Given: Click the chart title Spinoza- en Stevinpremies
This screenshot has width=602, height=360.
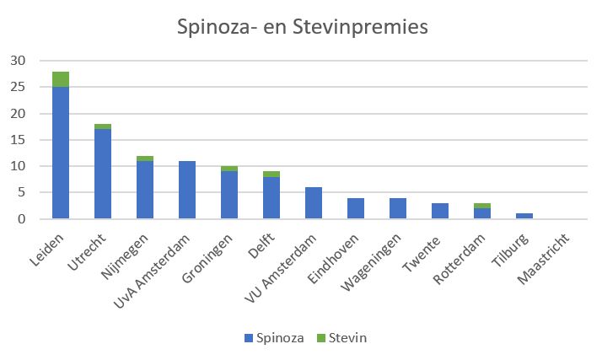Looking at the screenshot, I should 302,27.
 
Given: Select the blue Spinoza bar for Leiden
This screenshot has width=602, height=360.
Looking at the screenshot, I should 61,153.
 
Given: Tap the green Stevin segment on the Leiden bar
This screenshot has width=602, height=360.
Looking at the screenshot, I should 61,79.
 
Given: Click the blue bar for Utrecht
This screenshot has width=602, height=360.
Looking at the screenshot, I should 103,174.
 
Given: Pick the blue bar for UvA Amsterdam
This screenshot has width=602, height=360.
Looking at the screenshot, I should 187,190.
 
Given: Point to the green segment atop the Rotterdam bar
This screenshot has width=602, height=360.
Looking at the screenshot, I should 482,206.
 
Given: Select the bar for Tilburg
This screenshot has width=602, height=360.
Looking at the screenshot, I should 524,217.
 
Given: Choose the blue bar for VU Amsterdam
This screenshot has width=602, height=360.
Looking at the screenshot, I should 314,203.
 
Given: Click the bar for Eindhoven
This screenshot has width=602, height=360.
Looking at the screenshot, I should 356,208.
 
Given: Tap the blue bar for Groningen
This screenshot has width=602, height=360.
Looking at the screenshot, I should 229,195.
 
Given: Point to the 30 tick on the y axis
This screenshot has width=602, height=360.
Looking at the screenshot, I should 18,61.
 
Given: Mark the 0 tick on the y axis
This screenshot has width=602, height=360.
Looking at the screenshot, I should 21,219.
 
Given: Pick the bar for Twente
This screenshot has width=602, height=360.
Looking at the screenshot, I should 440,211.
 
